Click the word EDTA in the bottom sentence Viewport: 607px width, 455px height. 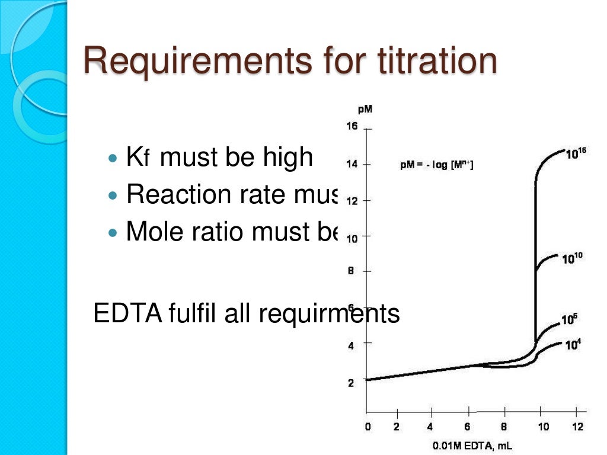point(127,314)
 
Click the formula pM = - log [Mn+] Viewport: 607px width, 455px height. point(437,165)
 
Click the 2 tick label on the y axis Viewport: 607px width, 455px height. point(351,383)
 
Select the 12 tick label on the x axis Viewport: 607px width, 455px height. point(577,426)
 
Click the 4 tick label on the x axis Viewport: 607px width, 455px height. point(430,426)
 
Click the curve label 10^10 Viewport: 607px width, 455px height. point(573,257)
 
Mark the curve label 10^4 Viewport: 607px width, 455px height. point(573,344)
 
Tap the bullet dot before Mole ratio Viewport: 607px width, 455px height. point(114,232)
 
